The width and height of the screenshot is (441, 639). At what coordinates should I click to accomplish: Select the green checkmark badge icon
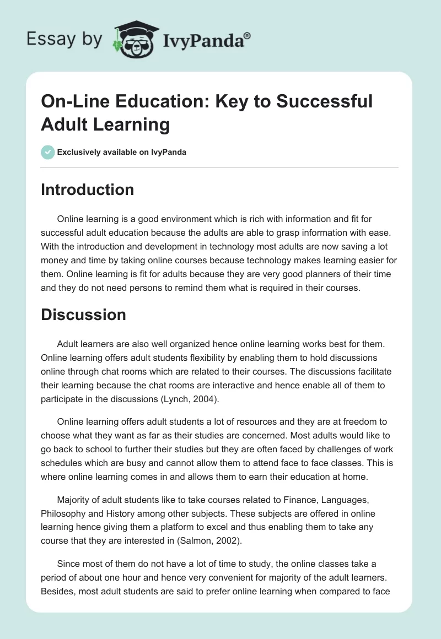click(47, 152)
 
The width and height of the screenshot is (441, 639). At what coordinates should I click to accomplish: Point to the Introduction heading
click(88, 189)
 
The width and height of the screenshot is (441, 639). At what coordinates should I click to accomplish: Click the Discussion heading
click(83, 315)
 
